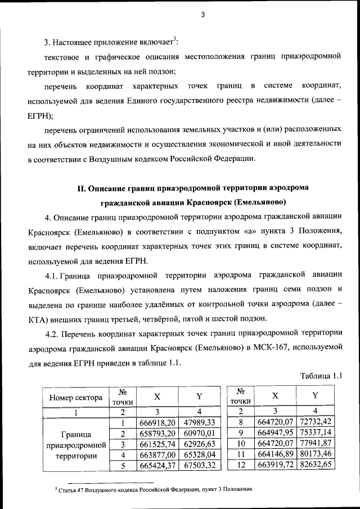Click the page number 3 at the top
pos(201,15)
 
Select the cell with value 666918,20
pos(159,422)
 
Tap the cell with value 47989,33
pos(199,422)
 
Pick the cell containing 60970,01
pos(199,433)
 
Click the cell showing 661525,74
pos(159,444)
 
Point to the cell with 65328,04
pos(199,454)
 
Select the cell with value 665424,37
pos(159,465)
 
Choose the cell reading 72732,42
pos(316,421)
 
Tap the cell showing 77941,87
pos(316,443)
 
